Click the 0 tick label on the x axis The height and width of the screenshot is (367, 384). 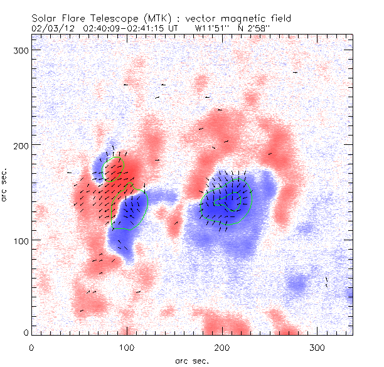[31, 347]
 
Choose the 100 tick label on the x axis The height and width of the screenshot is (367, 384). [127, 347]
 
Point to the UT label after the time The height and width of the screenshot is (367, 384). [178, 28]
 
